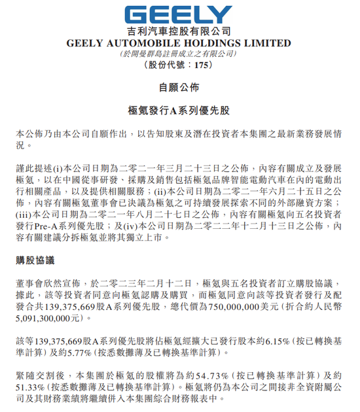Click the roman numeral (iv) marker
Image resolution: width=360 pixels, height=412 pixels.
(x=166, y=226)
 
